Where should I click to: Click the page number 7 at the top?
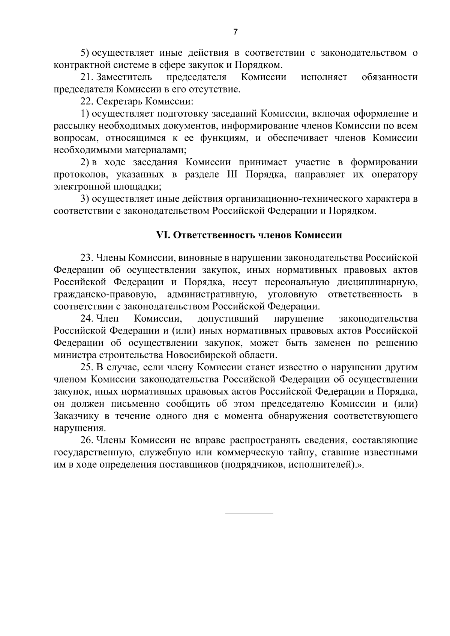tap(235, 32)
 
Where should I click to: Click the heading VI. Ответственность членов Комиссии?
tap(249, 235)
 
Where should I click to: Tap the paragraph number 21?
tap(87, 78)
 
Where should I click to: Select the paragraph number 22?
tap(87, 102)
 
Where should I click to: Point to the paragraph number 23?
tap(87, 258)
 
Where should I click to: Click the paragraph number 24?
tap(87, 319)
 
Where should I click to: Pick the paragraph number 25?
tap(87, 367)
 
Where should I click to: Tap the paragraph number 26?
tap(87, 440)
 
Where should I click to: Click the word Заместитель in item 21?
tap(124, 78)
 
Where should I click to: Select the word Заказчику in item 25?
tap(76, 416)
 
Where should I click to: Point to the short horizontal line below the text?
tap(249, 512)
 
